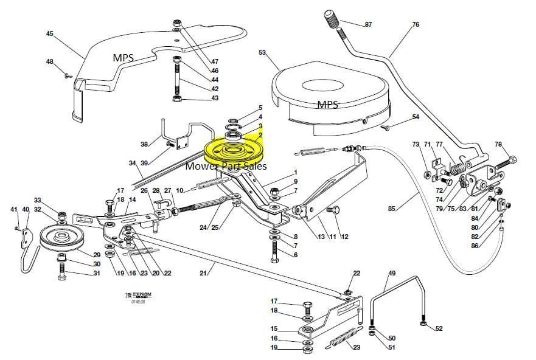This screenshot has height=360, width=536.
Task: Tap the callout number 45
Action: [x=49, y=33]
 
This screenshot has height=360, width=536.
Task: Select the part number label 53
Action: [x=262, y=53]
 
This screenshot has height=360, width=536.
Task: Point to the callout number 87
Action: [x=368, y=24]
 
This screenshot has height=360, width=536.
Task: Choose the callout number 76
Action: [x=416, y=24]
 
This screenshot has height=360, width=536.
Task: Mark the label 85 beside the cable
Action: [x=391, y=209]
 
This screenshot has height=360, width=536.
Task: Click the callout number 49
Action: [x=392, y=273]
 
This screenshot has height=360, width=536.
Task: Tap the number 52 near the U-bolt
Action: [x=439, y=329]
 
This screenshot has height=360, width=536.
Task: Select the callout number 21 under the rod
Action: [x=203, y=273]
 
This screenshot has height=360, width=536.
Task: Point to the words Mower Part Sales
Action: [x=226, y=165]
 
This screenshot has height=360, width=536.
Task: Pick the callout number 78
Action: [x=499, y=144]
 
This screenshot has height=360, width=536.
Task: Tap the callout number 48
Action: [x=49, y=61]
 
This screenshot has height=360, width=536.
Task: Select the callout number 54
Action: [x=416, y=117]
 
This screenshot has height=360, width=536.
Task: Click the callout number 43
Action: [x=215, y=98]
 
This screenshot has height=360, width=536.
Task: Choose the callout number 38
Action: [x=144, y=144]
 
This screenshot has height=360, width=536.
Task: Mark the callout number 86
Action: [x=475, y=245]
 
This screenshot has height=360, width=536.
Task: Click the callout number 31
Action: [x=97, y=273]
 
